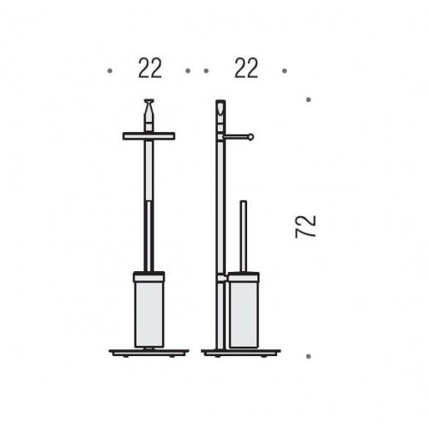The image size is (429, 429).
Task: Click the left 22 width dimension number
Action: coord(150,68)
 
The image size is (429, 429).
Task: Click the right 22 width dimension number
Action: coord(246,68)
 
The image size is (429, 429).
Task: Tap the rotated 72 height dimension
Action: coord(305,227)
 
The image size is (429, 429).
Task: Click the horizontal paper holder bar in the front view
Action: coord(148,136)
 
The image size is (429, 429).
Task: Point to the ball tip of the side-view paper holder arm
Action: coord(251,137)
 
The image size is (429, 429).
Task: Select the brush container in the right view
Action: coord(244,311)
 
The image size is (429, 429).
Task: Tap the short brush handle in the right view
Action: coord(244,237)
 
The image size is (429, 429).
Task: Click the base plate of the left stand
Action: coord(149,352)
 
